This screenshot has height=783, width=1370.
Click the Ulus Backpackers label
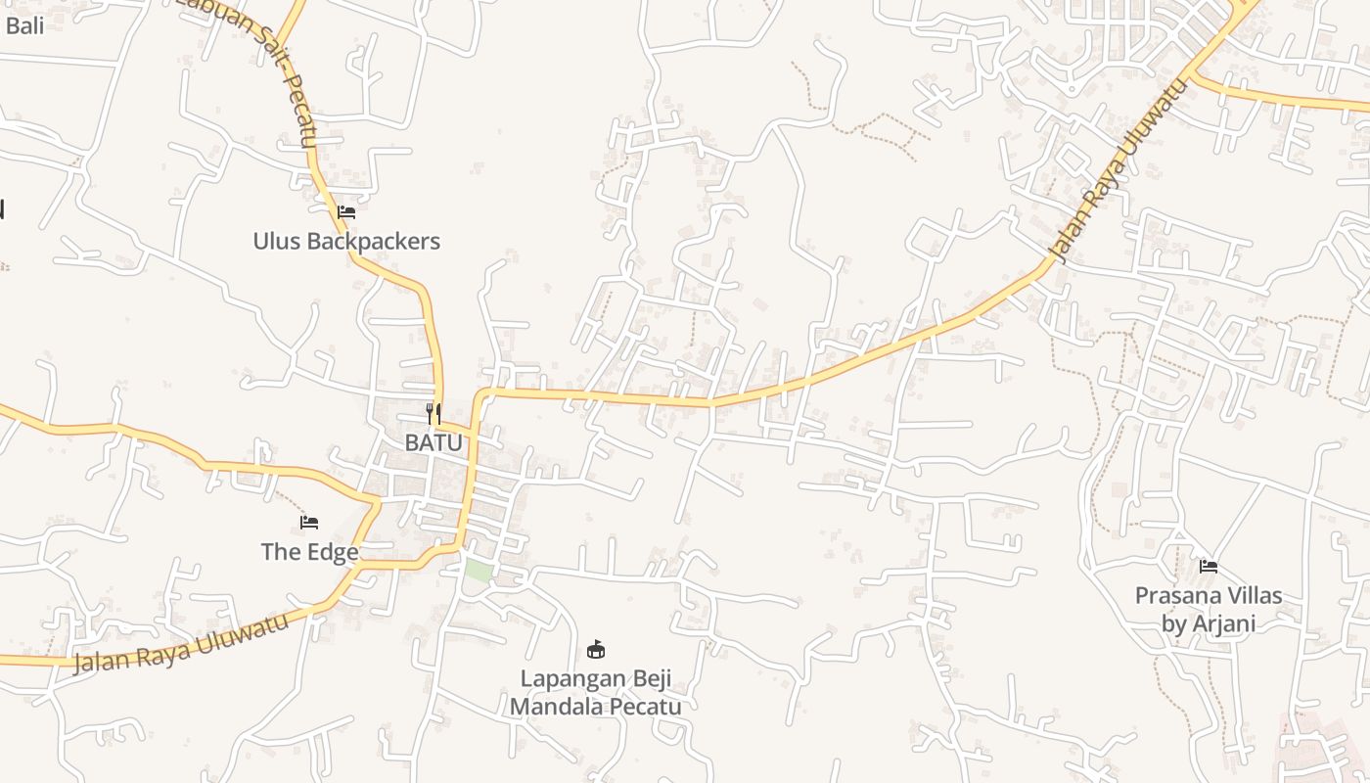346,241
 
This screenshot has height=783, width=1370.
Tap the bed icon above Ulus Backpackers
345,211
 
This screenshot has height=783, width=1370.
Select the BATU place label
434,442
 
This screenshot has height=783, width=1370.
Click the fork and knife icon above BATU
434,414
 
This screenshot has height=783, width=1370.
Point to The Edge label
309,552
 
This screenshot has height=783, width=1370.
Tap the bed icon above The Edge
309,523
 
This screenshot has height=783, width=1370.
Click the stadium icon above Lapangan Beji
595,648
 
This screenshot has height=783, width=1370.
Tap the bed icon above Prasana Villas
1209,566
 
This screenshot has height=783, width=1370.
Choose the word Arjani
1223,623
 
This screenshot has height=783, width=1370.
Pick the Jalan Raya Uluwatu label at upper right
1118,171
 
